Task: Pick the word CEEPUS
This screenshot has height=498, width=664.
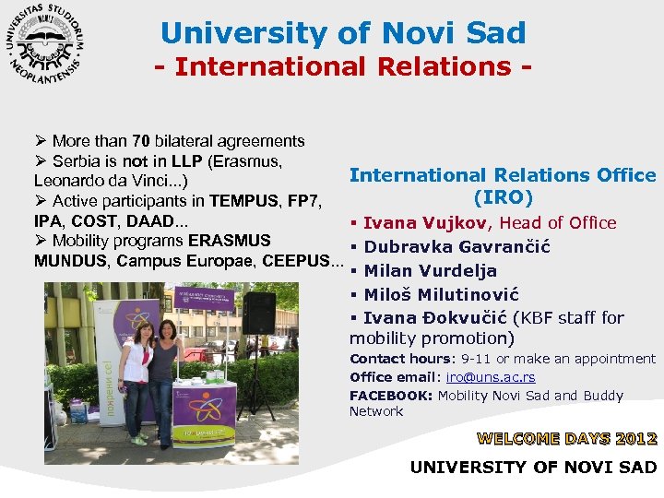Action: tap(299, 261)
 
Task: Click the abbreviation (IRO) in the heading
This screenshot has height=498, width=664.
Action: tap(504, 197)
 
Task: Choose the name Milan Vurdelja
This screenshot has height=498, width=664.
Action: tap(431, 271)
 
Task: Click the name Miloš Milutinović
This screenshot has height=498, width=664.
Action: tap(442, 295)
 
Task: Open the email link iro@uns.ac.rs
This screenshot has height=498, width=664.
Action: tap(491, 377)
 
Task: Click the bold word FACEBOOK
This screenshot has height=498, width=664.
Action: tap(391, 396)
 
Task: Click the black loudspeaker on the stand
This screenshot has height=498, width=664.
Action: tap(258, 314)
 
